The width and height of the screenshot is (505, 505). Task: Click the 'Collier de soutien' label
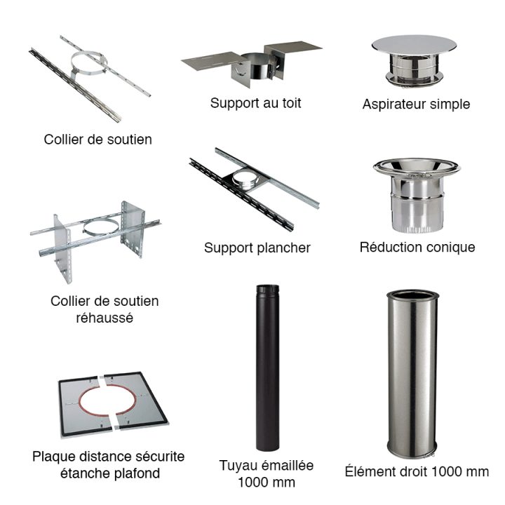coord(97,139)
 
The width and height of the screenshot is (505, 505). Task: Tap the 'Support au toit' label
coord(256,102)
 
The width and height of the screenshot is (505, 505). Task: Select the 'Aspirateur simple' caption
coord(416,104)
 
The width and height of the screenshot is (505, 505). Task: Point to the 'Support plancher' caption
coord(257,248)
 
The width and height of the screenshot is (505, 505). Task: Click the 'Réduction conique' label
coord(417,247)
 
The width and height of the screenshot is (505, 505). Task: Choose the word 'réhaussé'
coord(105,318)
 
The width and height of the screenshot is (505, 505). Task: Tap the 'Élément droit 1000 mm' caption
coord(417,471)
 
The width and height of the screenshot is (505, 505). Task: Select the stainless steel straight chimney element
coord(412,372)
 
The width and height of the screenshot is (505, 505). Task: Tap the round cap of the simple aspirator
coord(414,43)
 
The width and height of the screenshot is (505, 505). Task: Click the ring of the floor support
coord(245,178)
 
